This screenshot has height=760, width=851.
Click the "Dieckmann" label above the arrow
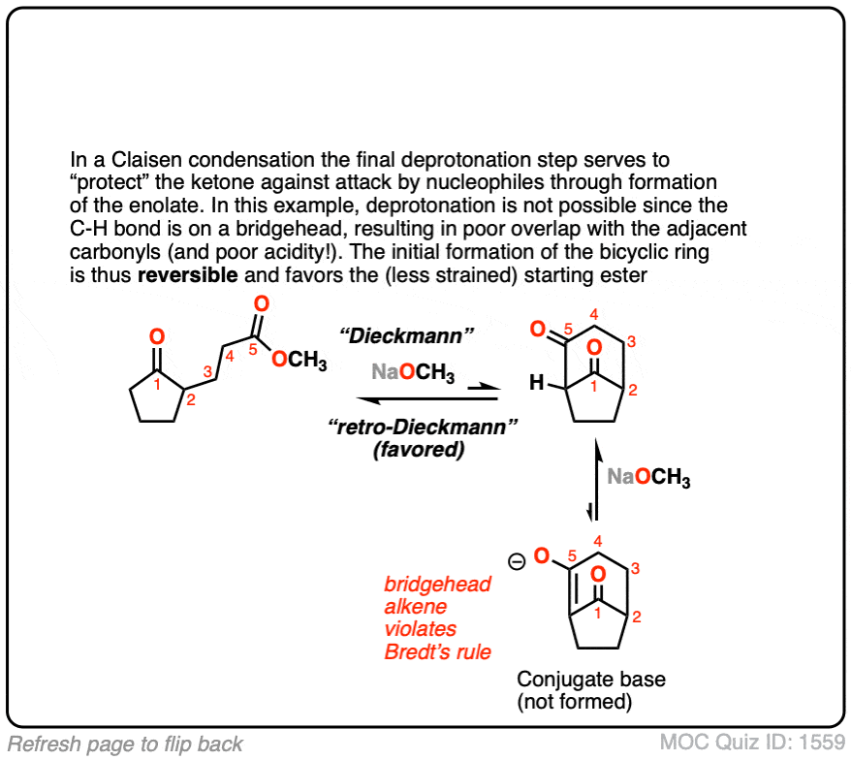click(406, 335)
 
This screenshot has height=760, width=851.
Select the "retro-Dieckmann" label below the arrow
click(423, 427)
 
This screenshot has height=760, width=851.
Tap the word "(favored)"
click(419, 450)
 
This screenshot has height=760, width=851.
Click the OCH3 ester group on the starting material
click(299, 360)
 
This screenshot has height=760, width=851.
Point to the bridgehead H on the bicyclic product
click(536, 383)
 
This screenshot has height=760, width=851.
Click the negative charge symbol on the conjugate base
click(517, 561)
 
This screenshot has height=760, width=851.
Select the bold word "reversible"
click(187, 274)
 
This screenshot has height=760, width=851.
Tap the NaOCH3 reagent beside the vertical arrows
click(648, 477)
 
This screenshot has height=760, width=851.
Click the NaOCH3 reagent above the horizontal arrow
click(413, 372)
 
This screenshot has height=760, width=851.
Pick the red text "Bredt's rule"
click(437, 651)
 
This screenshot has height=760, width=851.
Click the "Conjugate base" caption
click(591, 680)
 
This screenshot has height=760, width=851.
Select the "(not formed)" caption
click(574, 702)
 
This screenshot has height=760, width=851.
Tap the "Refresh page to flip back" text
click(125, 744)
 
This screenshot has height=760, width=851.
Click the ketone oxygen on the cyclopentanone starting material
click(157, 337)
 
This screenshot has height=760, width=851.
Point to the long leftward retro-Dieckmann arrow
click(427, 399)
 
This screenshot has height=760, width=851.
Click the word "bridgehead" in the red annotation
click(437, 585)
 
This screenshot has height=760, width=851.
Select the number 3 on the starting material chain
click(207, 372)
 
